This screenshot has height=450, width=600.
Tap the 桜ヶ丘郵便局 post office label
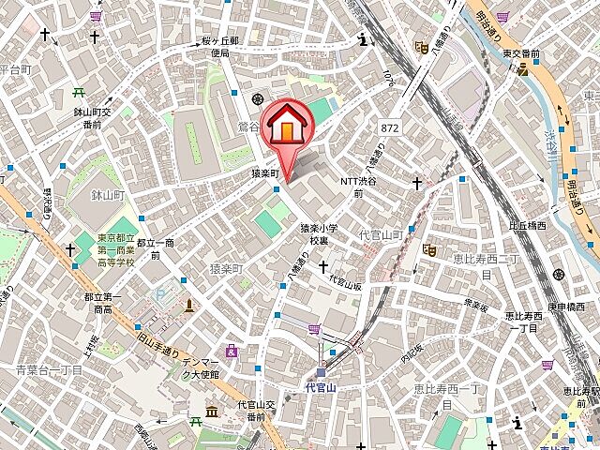tap(220, 48)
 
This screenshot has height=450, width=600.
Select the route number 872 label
tap(391, 125)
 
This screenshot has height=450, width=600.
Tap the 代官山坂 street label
tap(344, 280)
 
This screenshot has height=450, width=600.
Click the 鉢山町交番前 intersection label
tap(93, 117)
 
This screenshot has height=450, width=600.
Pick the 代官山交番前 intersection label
tap(255, 410)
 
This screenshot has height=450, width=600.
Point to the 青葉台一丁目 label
tap(50, 369)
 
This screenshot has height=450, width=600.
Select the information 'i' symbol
tap(363, 39)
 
